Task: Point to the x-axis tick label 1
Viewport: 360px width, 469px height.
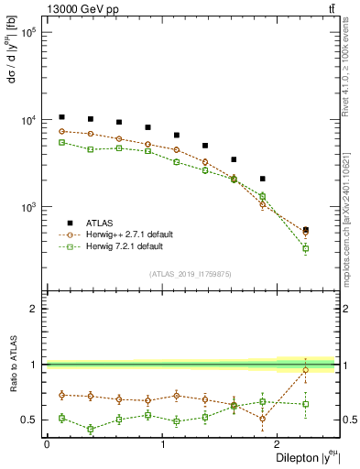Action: tap(163, 444)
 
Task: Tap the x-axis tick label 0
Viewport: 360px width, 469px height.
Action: tap(47, 444)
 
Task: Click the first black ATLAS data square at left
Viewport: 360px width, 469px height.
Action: tap(61, 117)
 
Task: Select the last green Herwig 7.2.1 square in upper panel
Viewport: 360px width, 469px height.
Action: tap(306, 248)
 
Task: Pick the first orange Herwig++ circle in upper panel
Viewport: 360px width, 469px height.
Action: tap(61, 131)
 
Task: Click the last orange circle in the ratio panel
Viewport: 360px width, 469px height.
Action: tap(306, 370)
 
